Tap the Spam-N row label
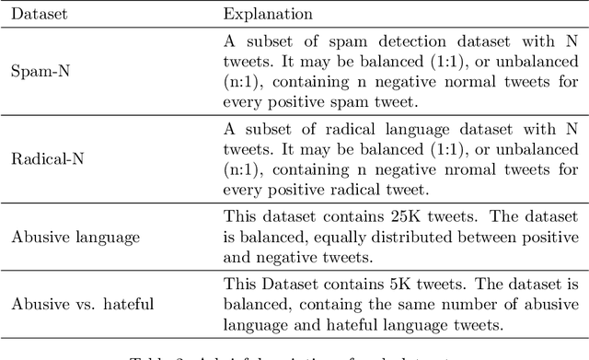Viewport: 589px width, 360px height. point(38,69)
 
